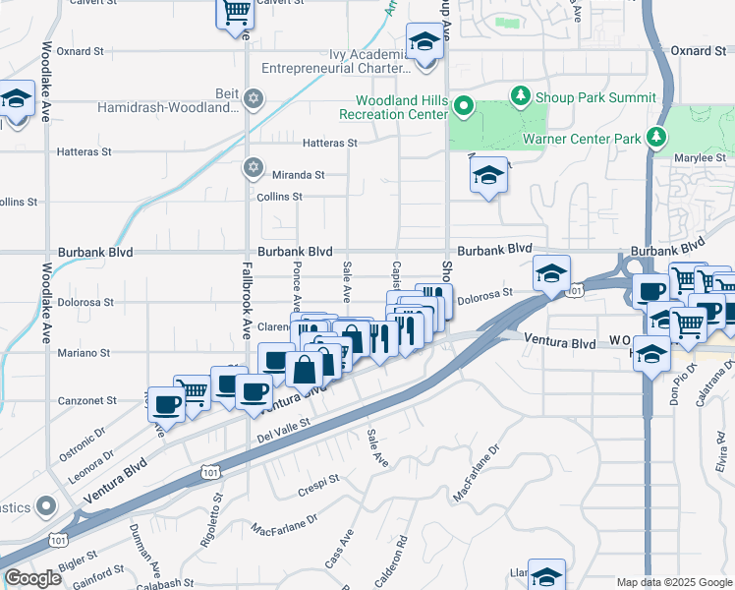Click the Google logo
(32, 578)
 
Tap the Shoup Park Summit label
(594, 97)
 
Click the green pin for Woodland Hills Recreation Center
(466, 107)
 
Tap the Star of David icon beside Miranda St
(254, 166)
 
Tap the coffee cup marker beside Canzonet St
(167, 404)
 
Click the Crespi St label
(318, 480)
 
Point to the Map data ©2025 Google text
(673, 582)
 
